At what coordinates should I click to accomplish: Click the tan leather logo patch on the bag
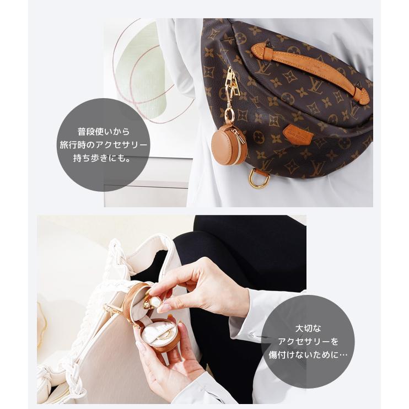298,134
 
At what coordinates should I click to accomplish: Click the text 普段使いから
104,133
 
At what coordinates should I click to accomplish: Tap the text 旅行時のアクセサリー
104,146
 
